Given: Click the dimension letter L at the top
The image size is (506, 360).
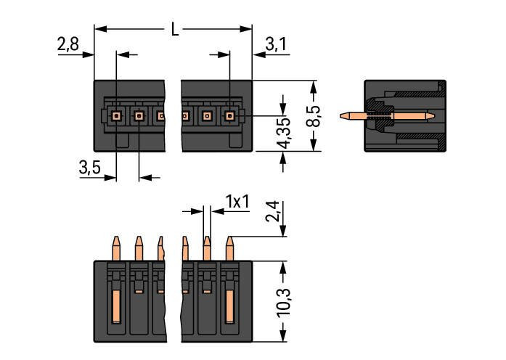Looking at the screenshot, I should (174, 30).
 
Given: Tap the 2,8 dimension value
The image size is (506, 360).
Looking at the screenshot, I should (68, 45).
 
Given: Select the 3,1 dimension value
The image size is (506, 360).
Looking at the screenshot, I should (276, 45).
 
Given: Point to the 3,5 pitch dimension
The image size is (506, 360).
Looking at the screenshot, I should (90, 168).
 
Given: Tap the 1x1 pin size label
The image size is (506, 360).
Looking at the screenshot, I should (237, 201).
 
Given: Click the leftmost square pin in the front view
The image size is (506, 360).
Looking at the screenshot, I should (116, 115).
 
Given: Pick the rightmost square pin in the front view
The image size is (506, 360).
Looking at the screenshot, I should (230, 115).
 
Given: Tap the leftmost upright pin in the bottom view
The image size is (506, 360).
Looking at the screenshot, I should (115, 247).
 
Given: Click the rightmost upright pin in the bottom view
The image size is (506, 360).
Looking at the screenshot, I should (230, 247).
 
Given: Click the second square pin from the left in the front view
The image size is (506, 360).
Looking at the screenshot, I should (139, 115).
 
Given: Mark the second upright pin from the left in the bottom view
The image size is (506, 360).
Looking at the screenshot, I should (138, 247).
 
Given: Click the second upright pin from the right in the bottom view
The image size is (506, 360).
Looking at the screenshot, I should (207, 247).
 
